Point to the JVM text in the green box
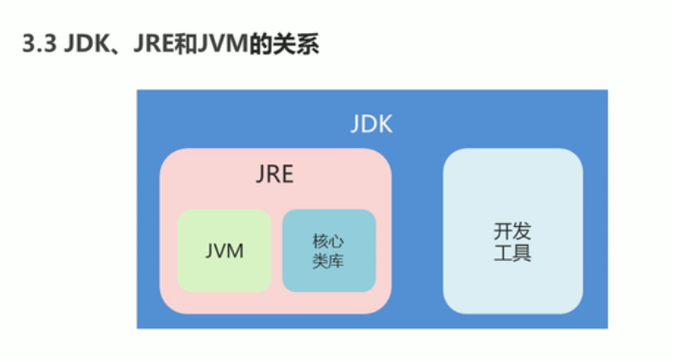tap(224, 251)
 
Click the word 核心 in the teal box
tap(329, 241)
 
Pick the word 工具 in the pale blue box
tap(512, 254)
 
